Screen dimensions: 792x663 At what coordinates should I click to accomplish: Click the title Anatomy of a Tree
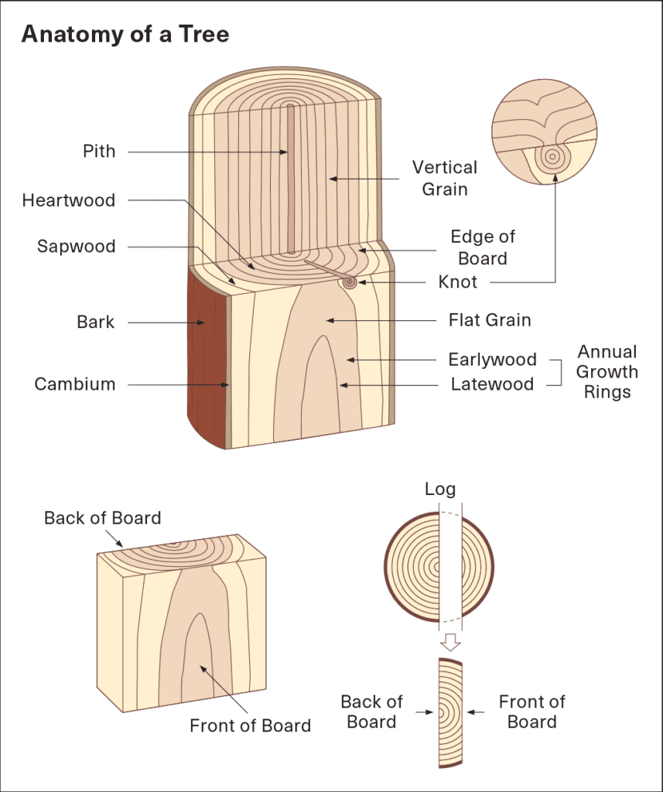[125, 35]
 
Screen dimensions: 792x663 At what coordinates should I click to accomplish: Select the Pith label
[99, 152]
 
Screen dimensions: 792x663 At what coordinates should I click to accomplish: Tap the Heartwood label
[68, 200]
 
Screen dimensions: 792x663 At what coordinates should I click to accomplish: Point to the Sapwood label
[76, 247]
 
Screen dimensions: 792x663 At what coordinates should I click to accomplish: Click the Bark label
[96, 322]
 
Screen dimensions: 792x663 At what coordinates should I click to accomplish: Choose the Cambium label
[74, 384]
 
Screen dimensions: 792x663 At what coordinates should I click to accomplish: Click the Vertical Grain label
[444, 178]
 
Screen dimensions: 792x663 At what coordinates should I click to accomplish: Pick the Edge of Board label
[483, 247]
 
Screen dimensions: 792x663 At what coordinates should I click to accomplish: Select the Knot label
[458, 282]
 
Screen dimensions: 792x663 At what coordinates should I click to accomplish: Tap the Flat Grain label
[490, 319]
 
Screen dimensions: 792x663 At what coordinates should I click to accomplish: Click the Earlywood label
[492, 360]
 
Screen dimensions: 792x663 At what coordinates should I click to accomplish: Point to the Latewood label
[492, 384]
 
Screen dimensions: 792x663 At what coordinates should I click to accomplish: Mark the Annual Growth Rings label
[607, 372]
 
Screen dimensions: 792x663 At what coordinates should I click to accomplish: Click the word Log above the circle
[440, 490]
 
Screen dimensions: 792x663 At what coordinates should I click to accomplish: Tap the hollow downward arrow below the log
[449, 642]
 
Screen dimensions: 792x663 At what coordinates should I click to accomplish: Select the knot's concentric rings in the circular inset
[552, 157]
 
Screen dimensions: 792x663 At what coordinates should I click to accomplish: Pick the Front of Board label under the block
[250, 725]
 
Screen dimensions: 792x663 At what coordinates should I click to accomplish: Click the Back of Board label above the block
[102, 518]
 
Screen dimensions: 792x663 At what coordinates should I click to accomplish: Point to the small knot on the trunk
[351, 282]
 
